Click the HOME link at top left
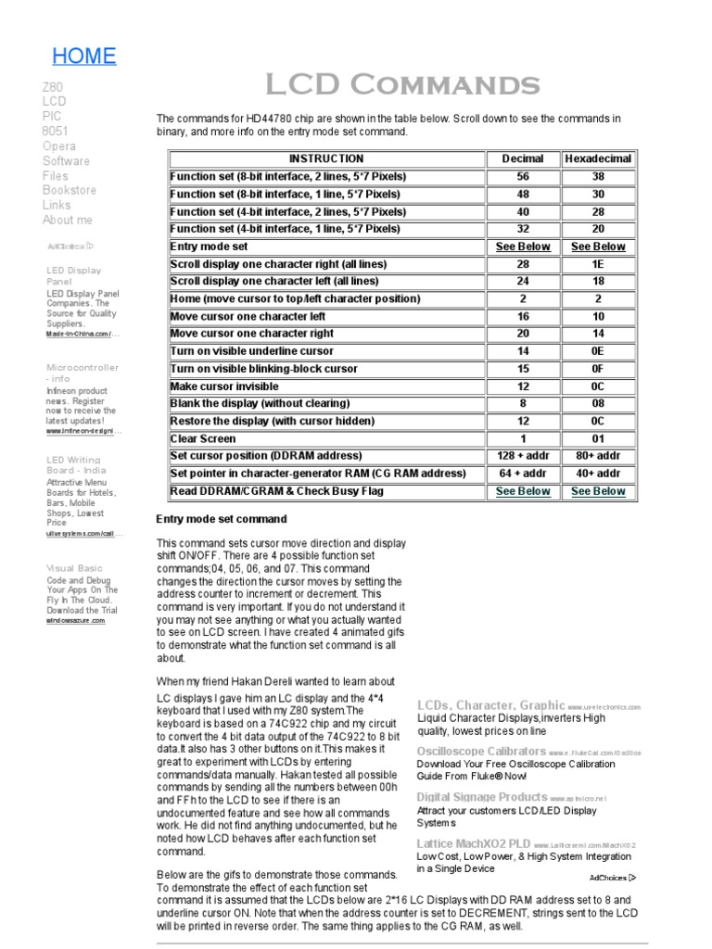point(83,56)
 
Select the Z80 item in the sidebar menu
point(53,87)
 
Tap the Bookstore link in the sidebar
point(69,190)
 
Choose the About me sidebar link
point(68,220)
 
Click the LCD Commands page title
point(402,85)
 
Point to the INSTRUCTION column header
point(326,158)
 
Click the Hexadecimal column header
point(598,158)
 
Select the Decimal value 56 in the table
point(523,176)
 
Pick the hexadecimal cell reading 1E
point(598,264)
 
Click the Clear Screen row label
point(203,438)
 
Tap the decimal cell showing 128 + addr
point(523,456)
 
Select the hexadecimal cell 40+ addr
point(598,474)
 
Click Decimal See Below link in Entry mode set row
point(523,247)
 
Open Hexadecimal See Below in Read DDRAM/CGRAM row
point(598,491)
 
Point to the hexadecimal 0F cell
point(598,369)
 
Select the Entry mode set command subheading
point(222,519)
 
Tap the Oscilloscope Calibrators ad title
point(481,751)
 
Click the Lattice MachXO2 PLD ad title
point(474,843)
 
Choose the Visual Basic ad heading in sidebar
point(75,567)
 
